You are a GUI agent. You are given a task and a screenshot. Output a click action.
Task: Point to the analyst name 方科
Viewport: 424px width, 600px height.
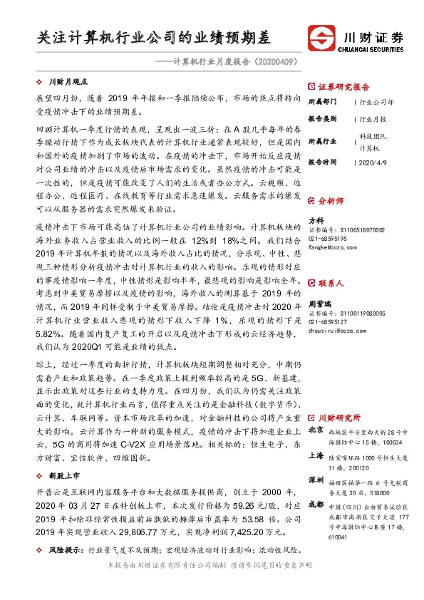coord(315,220)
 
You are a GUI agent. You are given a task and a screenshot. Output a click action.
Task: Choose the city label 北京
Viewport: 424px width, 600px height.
coord(315,430)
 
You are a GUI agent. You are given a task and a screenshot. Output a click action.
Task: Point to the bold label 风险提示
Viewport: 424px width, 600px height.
coord(63,551)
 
